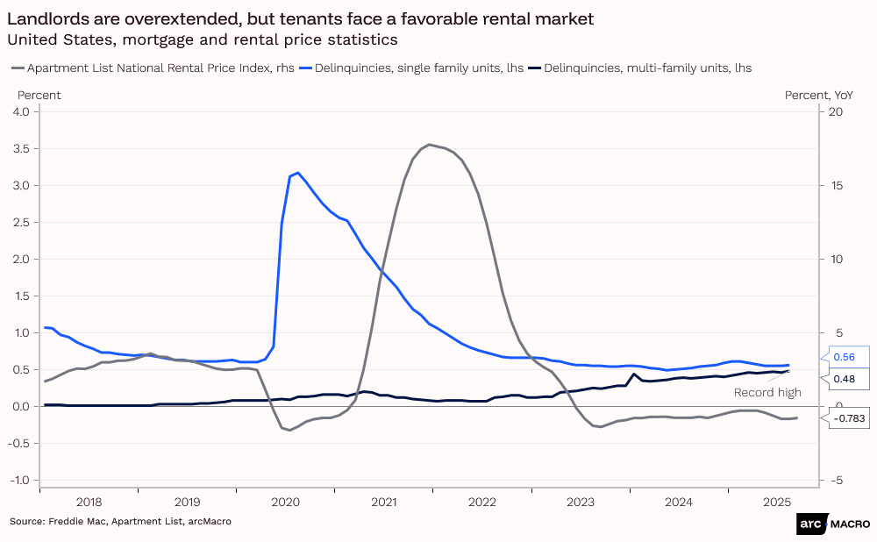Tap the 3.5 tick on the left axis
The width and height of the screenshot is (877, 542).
[x=21, y=149]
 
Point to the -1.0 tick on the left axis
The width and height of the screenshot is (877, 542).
[x=19, y=481]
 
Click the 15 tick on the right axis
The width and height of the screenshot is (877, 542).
[x=836, y=186]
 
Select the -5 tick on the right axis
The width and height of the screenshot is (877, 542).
[x=836, y=481]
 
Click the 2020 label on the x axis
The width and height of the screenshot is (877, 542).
[x=286, y=503]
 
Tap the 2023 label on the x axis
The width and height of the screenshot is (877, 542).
[x=581, y=503]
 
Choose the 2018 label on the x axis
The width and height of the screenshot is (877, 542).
[x=89, y=503]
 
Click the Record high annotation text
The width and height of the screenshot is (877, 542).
[x=767, y=393]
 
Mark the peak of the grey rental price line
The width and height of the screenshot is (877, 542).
[x=429, y=145]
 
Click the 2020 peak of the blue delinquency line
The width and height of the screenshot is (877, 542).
[x=297, y=173]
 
